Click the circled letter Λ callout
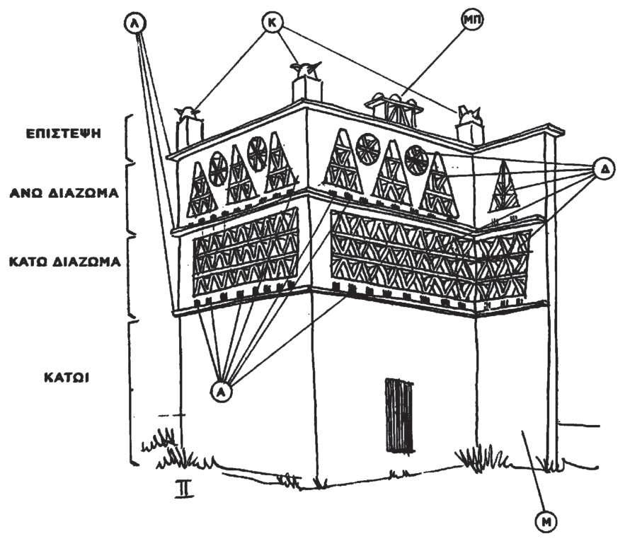click(x=134, y=23)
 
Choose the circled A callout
click(x=222, y=391)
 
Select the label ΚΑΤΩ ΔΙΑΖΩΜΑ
click(x=63, y=261)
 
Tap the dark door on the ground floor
click(x=400, y=415)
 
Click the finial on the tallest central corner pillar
click(x=306, y=69)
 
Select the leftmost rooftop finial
click(x=188, y=112)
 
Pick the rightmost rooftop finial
click(x=469, y=113)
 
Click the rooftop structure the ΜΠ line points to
click(x=395, y=105)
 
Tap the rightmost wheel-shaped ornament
click(x=416, y=160)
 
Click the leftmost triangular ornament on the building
click(x=200, y=192)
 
